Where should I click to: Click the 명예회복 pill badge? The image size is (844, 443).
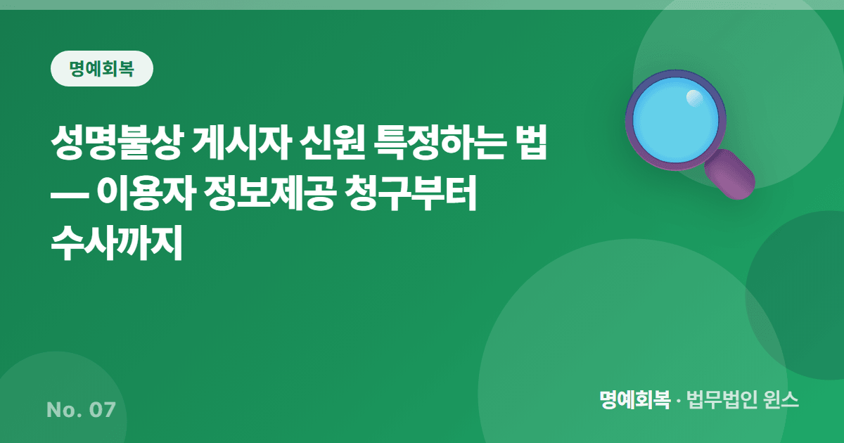coord(102,69)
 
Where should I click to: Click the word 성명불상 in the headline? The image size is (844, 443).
coord(117,143)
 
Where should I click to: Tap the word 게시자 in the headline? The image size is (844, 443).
coord(241,143)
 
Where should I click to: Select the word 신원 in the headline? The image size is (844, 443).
coord(332,143)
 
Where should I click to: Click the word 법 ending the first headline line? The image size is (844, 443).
coord(530,143)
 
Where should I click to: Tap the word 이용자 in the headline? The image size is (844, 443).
coord(146,193)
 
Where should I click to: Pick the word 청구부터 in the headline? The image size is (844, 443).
coord(411,193)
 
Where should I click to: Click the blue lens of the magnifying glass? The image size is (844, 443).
coord(676,120)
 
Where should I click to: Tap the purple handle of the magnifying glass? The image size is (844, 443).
coord(730,174)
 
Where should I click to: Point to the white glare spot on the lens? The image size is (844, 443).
coord(694,98)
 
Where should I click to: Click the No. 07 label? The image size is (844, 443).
coord(81,410)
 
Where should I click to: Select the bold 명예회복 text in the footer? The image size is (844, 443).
coord(635,399)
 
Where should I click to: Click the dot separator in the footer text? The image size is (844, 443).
coord(678,401)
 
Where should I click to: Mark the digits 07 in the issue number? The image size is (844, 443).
coord(102,410)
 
